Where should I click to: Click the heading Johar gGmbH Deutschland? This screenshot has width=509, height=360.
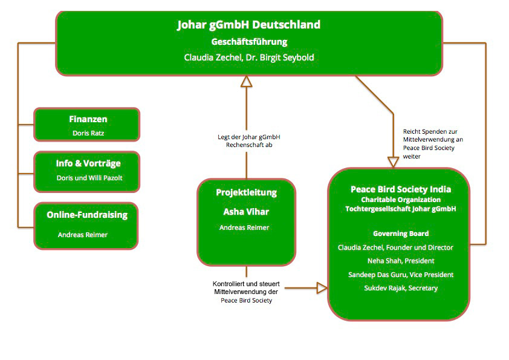(x=248, y=25)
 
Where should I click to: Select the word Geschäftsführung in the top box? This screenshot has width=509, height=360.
(x=248, y=42)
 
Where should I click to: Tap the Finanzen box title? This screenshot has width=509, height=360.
(x=88, y=119)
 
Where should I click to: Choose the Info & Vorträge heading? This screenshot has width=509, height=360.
(x=88, y=163)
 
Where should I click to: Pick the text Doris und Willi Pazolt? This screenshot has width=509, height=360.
(x=89, y=178)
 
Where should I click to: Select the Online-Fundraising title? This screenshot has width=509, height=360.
(x=87, y=215)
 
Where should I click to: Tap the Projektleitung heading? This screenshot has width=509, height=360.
(x=246, y=192)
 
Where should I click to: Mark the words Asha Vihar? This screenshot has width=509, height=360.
(x=246, y=212)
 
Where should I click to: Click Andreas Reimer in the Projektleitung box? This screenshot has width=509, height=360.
(x=244, y=227)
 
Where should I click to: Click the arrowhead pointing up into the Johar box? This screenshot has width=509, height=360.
(x=246, y=82)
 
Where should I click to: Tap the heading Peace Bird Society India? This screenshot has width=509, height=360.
(x=401, y=189)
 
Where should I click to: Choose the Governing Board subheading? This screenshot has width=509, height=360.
(x=401, y=234)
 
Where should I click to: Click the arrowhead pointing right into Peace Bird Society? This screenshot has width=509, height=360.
(x=323, y=288)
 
